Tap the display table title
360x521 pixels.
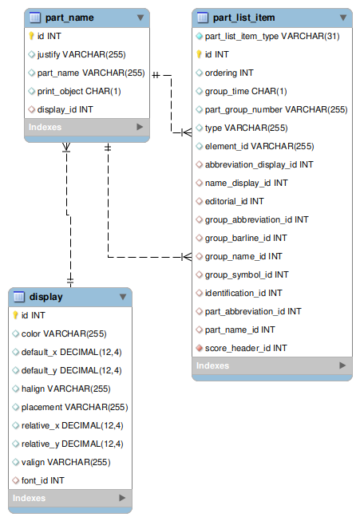click(45, 297)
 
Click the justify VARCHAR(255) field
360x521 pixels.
click(81, 54)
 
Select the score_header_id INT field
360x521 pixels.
click(246, 348)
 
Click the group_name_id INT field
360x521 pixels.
click(243, 256)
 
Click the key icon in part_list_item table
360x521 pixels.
click(200, 54)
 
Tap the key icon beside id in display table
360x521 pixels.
click(15, 315)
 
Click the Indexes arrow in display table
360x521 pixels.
click(122, 498)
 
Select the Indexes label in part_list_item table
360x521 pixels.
click(213, 365)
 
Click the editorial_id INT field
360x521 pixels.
click(234, 201)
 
